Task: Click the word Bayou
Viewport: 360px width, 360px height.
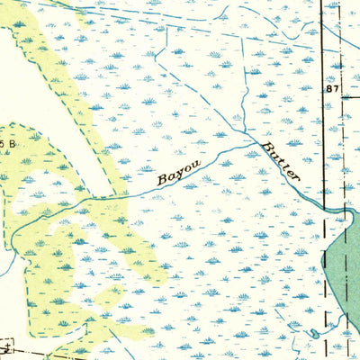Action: pyautogui.click(x=177, y=172)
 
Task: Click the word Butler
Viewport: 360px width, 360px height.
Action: pyautogui.click(x=280, y=160)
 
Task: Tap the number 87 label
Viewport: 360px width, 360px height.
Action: pyautogui.click(x=333, y=90)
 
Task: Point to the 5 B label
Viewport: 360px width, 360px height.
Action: pyautogui.click(x=8, y=143)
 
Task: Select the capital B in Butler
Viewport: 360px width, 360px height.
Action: pyautogui.click(x=266, y=146)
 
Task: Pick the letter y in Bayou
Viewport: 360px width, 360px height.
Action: pyautogui.click(x=177, y=174)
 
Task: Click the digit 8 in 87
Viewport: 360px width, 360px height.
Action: pyautogui.click(x=329, y=90)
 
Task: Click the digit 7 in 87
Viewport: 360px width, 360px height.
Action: pyautogui.click(x=337, y=90)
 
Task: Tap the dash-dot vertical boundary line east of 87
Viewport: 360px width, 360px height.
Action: pyautogui.click(x=343, y=135)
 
